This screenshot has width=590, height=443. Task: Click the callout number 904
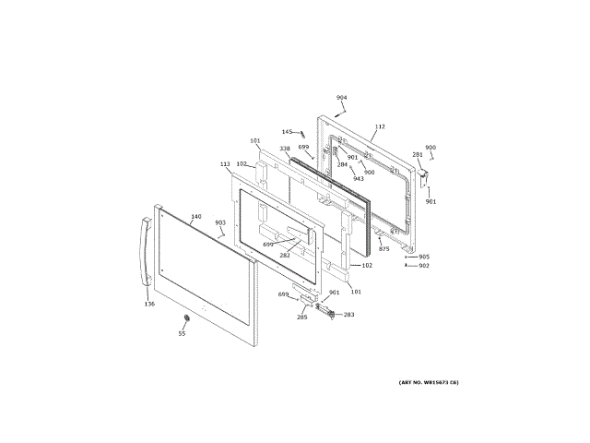(x=341, y=97)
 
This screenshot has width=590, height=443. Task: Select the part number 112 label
(x=380, y=126)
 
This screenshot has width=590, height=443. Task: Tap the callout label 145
(x=287, y=132)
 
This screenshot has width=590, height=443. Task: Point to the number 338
(x=285, y=148)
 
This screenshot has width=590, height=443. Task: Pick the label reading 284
(x=342, y=164)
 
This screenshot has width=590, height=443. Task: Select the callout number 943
(x=359, y=179)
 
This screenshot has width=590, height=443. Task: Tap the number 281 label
(x=418, y=154)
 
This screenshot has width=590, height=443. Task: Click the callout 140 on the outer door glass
(x=195, y=217)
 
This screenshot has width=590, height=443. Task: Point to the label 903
(x=220, y=222)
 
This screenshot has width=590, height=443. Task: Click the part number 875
(x=384, y=249)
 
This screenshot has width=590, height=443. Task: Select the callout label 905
(x=424, y=257)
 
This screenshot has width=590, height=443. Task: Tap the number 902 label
(x=424, y=266)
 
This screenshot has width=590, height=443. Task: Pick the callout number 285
(x=301, y=317)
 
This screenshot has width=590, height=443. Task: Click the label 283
(x=348, y=315)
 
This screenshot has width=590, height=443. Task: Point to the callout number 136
(x=149, y=303)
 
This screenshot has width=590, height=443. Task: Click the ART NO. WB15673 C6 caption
(x=429, y=382)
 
